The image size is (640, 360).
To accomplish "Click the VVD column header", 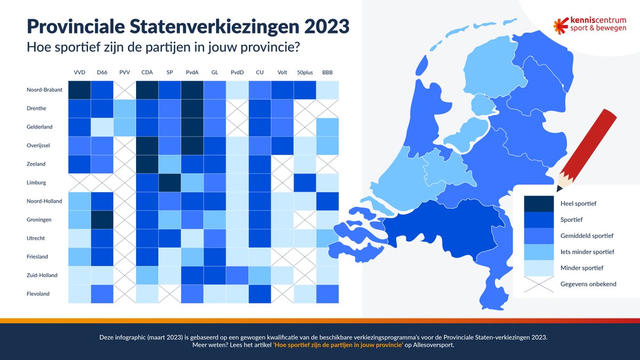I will tap(79, 72).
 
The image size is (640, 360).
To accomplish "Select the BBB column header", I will tap(327, 72).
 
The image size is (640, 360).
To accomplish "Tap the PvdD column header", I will tap(237, 72).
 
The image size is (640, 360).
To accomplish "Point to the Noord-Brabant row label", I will tap(44, 90).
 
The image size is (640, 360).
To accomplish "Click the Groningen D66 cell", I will tap(102, 220).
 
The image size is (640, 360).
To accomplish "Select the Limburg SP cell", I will tap(170, 182).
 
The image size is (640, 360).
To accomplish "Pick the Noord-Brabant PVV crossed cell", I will tap(124, 90).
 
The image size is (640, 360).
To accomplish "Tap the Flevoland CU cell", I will tap(259, 294).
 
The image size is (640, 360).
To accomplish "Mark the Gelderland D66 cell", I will tap(102, 127).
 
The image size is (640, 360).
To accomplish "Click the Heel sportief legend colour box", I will tap(538, 204).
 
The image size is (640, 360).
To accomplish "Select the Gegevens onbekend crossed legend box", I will tap(538, 284).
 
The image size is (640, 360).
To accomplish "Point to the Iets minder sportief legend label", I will tap(588, 252).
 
